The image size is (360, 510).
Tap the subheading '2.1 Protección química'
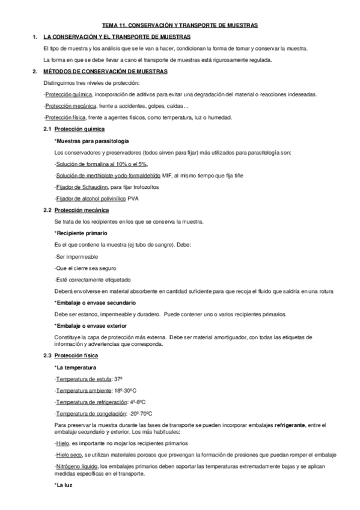(x=74, y=129)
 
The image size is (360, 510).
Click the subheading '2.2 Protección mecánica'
(x=76, y=210)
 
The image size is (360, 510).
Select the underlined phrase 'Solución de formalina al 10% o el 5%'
(x=101, y=164)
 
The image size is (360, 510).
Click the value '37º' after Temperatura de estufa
(x=118, y=379)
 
